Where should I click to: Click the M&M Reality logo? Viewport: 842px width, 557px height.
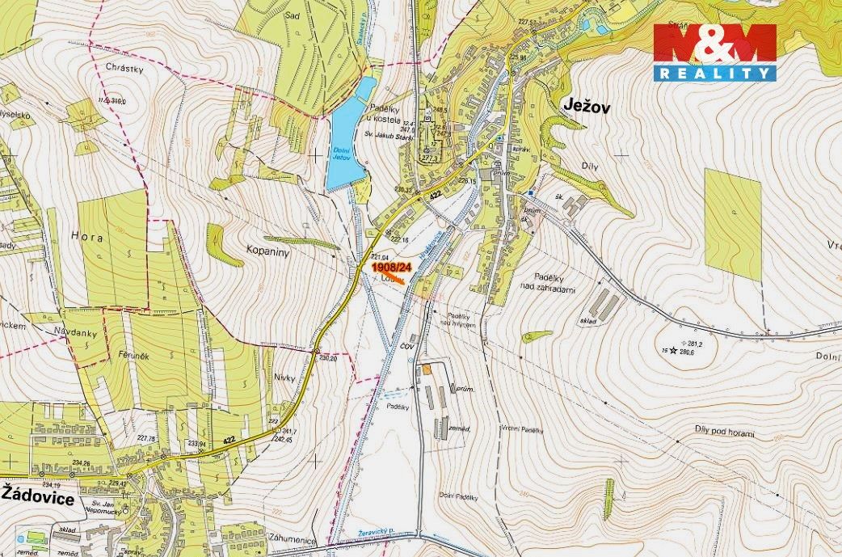(714, 53)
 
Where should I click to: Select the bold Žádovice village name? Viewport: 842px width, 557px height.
(38, 499)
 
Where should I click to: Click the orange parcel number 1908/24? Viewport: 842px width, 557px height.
(393, 266)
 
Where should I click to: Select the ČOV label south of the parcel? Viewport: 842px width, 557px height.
(408, 346)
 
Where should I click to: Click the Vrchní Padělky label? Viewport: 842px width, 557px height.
(520, 428)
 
